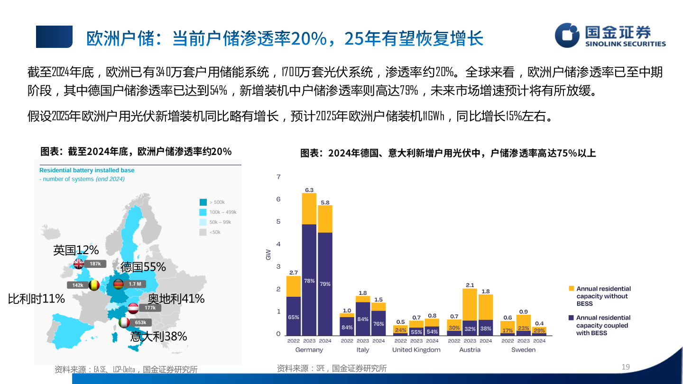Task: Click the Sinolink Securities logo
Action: click(x=610, y=36)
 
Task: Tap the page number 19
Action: click(x=626, y=366)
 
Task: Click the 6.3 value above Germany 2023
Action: click(x=309, y=190)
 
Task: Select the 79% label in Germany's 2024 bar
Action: click(x=325, y=284)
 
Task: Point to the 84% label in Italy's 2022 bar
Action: click(x=347, y=327)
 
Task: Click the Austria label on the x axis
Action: click(x=470, y=350)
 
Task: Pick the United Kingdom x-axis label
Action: click(x=416, y=350)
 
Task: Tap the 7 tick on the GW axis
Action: click(x=279, y=177)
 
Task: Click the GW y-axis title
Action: click(x=268, y=255)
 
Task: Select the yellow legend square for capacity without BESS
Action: click(x=571, y=288)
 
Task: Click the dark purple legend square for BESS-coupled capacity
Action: click(x=571, y=318)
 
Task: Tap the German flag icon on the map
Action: click(x=119, y=284)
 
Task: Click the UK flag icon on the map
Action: click(x=79, y=264)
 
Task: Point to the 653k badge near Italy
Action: click(x=140, y=322)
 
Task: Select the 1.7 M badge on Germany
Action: click(x=135, y=284)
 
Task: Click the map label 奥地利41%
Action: click(x=176, y=299)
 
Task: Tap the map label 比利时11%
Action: click(x=36, y=299)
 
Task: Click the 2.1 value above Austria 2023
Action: click(x=470, y=285)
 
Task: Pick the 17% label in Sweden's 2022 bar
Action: click(x=508, y=330)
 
